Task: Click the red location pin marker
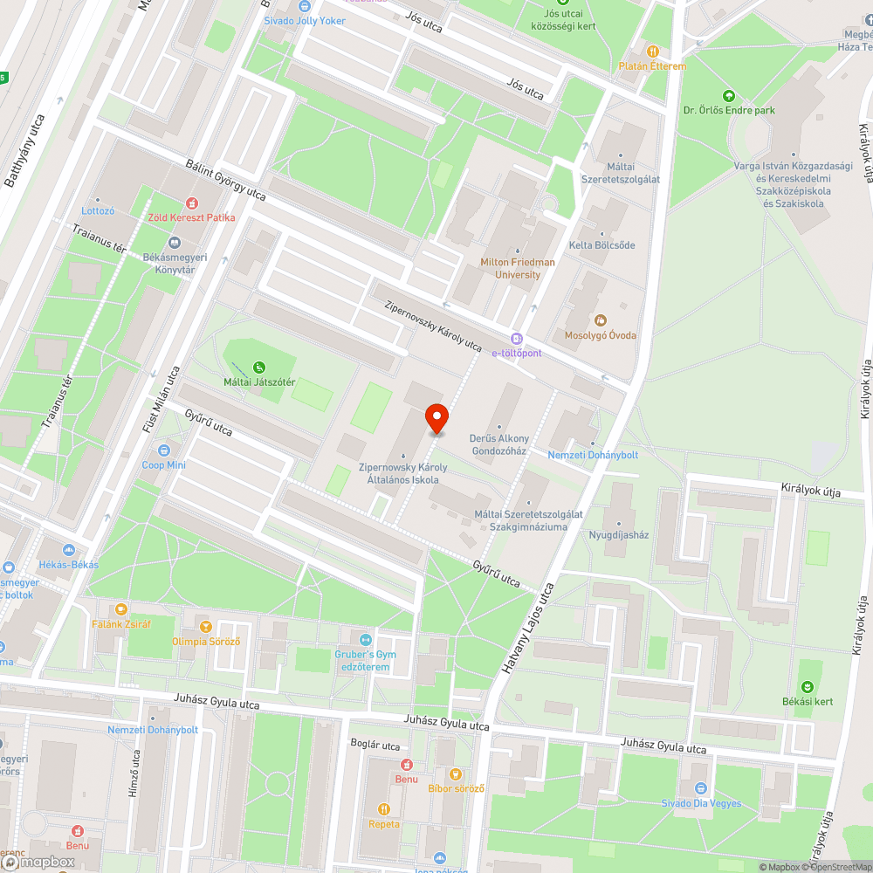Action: pos(436,418)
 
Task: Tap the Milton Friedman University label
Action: pos(517,268)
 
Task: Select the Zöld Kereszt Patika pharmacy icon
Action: pos(191,203)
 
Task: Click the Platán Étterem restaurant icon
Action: pos(652,51)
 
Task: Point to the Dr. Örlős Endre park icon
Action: pos(729,95)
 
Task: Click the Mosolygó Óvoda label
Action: pos(600,335)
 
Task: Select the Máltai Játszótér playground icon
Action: pos(258,368)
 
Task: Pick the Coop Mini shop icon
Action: pos(164,450)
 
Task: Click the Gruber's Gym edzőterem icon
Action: pos(365,640)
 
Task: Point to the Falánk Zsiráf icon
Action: pos(120,609)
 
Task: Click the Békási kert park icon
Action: pos(808,687)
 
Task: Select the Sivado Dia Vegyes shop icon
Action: pos(701,788)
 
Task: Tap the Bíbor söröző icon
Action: pos(455,773)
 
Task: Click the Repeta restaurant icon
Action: pos(383,809)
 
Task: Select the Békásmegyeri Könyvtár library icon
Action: pos(175,243)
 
